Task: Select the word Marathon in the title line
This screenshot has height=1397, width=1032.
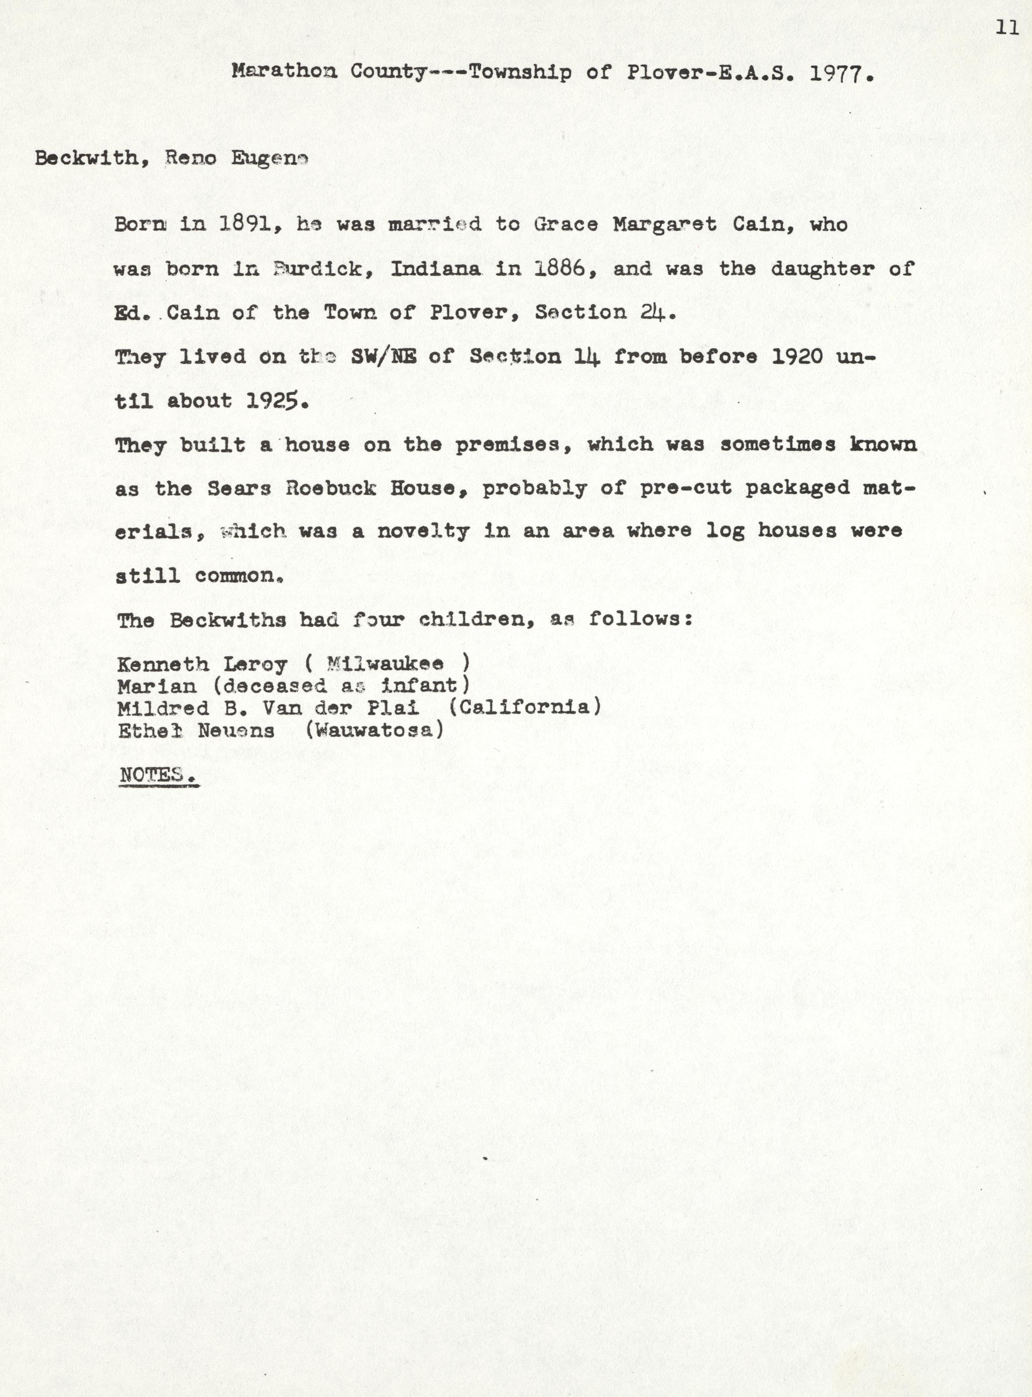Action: (x=284, y=71)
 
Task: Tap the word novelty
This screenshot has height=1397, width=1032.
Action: (x=423, y=532)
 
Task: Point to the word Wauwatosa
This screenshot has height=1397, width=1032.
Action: (x=374, y=730)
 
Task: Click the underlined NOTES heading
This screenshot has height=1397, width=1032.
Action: (x=158, y=775)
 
